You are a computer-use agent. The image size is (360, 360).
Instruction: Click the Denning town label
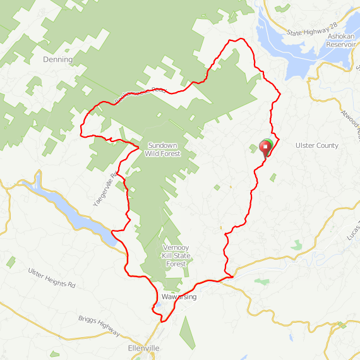pos(57,59)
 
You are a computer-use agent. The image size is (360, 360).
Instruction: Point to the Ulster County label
pos(317,145)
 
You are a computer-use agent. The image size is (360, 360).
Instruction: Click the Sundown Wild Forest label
pos(162,149)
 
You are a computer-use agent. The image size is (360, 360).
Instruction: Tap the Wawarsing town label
pos(179,297)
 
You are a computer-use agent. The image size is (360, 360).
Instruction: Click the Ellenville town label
pos(143,349)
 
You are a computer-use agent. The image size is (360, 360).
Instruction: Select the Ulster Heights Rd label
pos(51,277)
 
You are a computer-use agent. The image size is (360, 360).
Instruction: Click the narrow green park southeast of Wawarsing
pos(186,332)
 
